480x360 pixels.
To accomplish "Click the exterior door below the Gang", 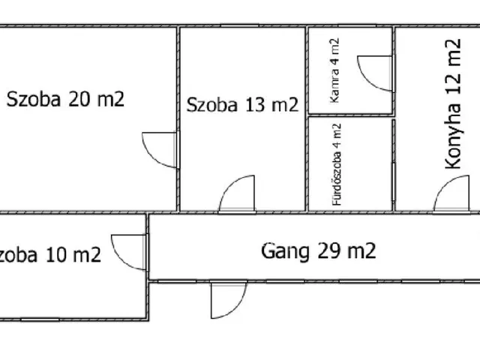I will [226, 298].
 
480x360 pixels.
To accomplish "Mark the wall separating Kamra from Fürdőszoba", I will [350, 116].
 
